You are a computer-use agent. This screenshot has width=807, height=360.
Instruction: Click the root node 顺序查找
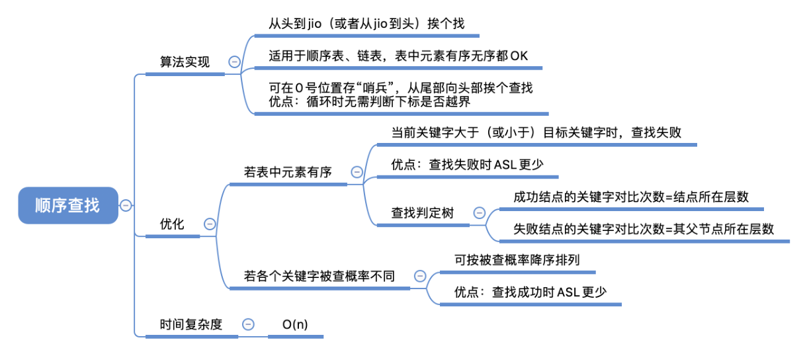coord(67,205)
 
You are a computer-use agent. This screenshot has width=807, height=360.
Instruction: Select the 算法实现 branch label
coord(185,62)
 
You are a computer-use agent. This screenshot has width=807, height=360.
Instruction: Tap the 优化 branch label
coord(172,224)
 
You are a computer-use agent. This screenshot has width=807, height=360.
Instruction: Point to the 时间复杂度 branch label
coord(191,324)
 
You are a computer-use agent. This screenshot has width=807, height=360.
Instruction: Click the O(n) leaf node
coord(295,324)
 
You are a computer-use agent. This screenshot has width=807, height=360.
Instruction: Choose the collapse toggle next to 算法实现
coord(234,62)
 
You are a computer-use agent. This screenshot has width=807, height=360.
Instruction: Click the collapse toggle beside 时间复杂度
coord(248,324)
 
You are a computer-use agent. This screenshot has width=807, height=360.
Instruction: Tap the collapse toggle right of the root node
coord(126,205)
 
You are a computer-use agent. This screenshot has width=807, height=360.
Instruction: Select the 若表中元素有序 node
coord(288,172)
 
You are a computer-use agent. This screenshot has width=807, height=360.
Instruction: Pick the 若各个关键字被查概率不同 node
coord(319,275)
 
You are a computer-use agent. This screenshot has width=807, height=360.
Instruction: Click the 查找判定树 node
coord(422,213)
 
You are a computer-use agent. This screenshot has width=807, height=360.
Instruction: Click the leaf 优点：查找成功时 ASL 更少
coord(531,292)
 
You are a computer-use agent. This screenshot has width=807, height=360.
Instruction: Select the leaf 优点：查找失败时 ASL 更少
coord(467,165)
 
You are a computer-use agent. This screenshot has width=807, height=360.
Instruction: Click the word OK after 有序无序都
coord(519,56)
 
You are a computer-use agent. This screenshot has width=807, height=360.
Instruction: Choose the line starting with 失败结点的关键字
coord(644,229)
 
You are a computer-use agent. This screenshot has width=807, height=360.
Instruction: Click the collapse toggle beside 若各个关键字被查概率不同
coord(419,275)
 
